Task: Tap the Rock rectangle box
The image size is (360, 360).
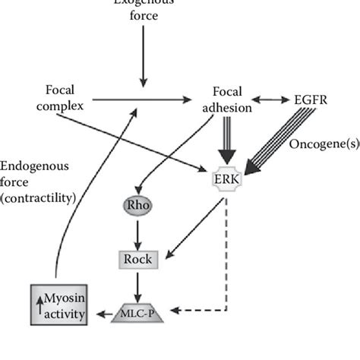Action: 138,258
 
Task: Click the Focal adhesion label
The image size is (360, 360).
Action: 229,99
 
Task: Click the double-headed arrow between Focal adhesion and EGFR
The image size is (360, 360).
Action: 275,99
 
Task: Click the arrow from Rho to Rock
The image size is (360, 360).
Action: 137,232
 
